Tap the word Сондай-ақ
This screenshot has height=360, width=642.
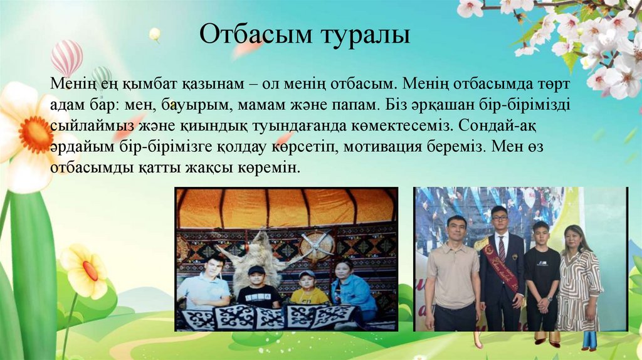(495, 125)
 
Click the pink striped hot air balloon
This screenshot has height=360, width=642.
(66, 56)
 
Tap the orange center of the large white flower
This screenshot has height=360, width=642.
(35, 134)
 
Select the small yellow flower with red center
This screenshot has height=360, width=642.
(87, 270)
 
